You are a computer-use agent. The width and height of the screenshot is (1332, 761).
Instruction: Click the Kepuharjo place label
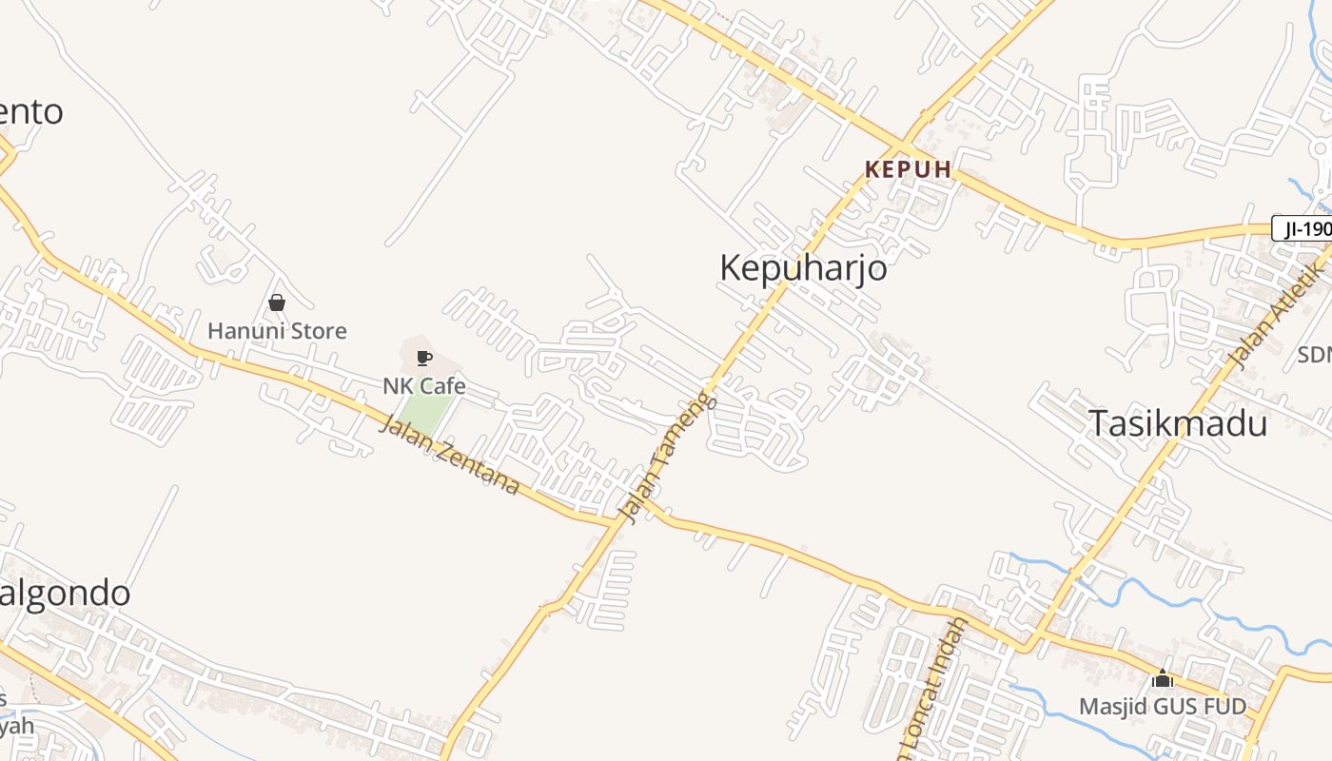803,267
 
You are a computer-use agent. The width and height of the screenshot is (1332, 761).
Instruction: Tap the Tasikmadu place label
1177,423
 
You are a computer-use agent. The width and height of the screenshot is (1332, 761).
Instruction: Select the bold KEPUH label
908,169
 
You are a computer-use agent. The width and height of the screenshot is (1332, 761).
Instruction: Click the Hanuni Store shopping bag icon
277,302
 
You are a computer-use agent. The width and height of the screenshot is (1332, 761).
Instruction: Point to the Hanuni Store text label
277,331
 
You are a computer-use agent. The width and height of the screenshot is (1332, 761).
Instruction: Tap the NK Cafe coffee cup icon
424,358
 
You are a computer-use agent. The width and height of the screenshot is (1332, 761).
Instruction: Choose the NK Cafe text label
424,385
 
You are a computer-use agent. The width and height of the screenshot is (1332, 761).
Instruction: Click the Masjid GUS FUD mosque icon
1162,679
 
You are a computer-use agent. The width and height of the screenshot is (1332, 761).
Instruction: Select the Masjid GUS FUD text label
1162,707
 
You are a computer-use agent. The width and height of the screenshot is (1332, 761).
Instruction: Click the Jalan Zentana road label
449,456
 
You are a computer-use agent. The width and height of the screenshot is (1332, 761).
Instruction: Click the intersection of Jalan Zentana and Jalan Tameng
636,520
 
